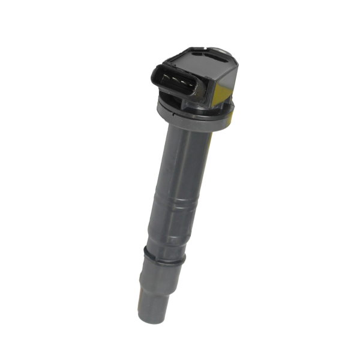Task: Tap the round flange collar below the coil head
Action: [192, 117]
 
